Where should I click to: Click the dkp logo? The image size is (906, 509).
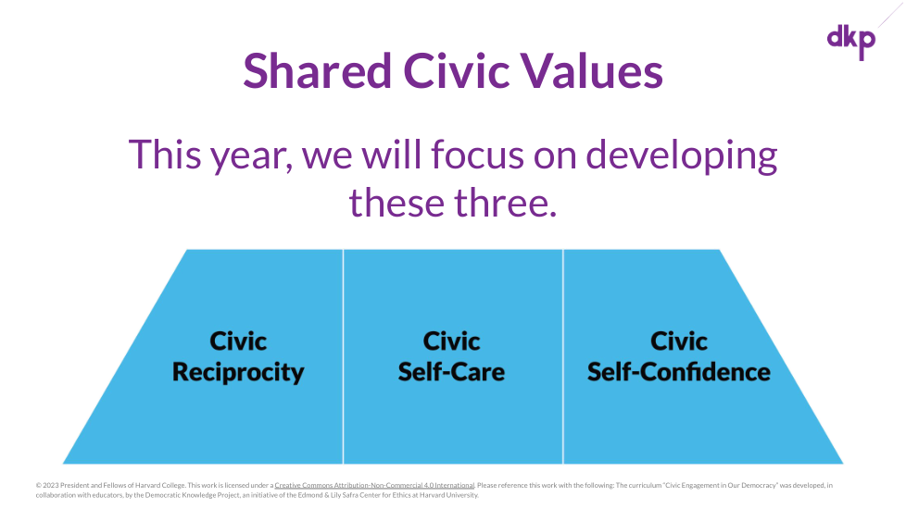click(x=851, y=42)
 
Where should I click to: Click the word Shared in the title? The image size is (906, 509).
click(x=317, y=71)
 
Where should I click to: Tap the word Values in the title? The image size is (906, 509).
click(x=592, y=71)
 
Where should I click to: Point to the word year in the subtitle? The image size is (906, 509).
click(x=251, y=156)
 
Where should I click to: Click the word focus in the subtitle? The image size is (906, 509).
click(x=477, y=155)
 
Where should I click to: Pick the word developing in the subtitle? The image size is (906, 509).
click(x=682, y=156)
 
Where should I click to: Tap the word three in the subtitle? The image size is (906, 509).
click(x=505, y=203)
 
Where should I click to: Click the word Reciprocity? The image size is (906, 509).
click(x=238, y=373)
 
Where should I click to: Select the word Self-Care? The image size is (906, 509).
click(x=451, y=372)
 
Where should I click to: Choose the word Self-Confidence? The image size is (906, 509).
click(x=679, y=372)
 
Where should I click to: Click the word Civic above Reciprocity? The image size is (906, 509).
click(x=238, y=341)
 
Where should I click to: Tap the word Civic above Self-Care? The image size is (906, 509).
click(x=451, y=341)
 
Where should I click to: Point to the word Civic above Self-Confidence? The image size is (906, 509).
click(x=679, y=341)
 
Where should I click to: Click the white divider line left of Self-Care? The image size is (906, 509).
click(x=343, y=356)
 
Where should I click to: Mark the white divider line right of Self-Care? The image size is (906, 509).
click(x=563, y=356)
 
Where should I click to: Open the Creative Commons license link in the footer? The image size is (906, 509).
click(x=374, y=485)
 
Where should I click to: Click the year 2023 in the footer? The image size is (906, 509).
click(x=51, y=485)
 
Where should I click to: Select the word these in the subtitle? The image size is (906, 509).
click(x=396, y=203)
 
